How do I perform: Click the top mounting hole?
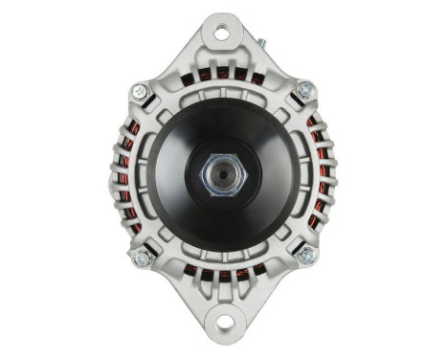[222, 34]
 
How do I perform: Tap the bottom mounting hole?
[222, 325]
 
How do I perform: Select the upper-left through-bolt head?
[141, 92]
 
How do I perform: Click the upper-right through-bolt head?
[305, 91]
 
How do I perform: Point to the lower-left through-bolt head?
[143, 257]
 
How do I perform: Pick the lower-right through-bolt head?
[305, 256]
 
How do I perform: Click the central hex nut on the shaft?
[223, 175]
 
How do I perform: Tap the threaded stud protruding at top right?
[260, 44]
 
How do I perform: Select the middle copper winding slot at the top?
[222, 73]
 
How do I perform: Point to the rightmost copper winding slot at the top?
[258, 79]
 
